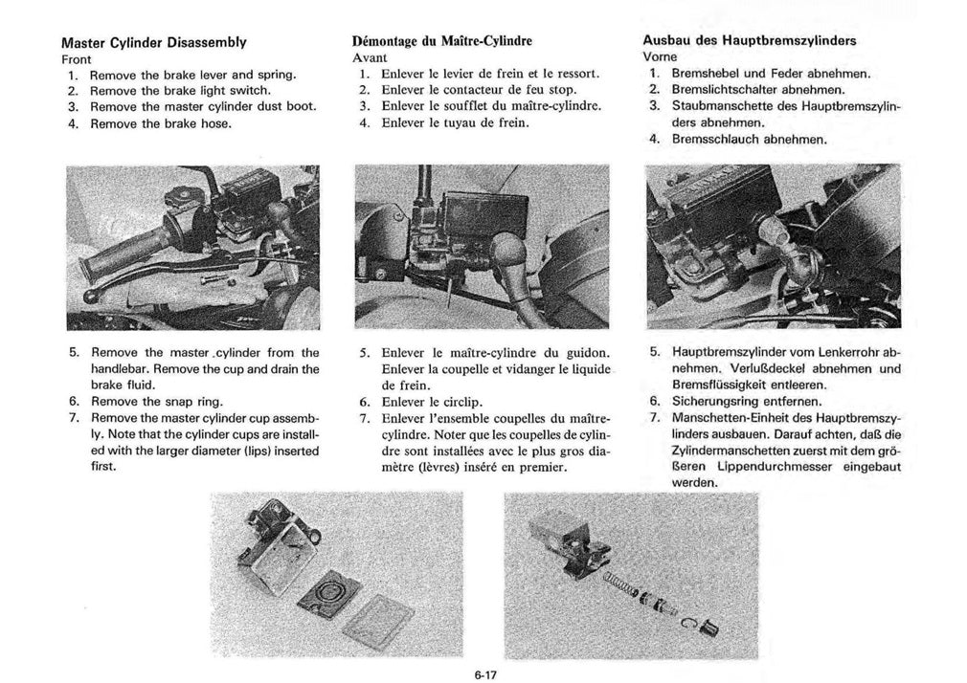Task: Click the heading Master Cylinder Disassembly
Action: pos(153,43)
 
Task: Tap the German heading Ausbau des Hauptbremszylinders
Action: pos(749,41)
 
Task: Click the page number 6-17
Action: pos(483,672)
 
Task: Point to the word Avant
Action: pos(369,57)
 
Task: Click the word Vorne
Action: pos(660,56)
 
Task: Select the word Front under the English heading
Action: pos(76,58)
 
